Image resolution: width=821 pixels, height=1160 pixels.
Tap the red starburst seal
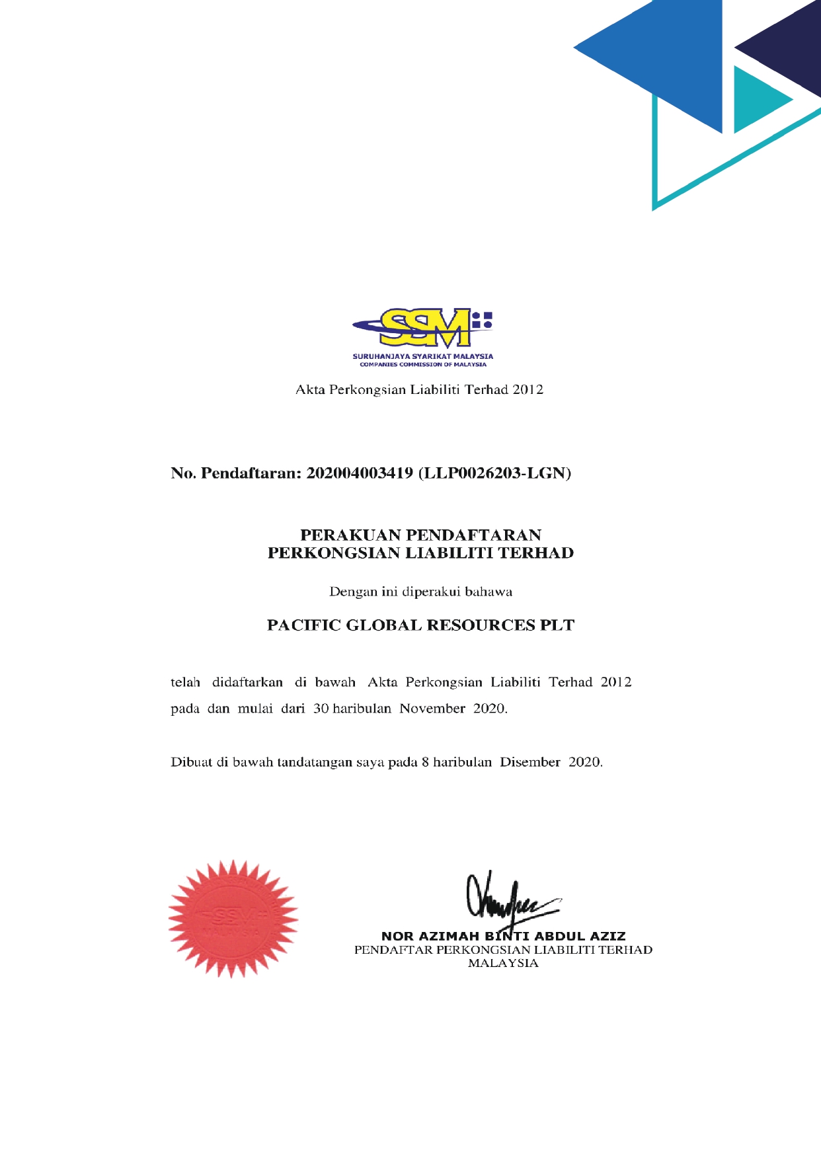pos(233,919)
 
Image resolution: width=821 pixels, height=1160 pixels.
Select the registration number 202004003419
pos(360,473)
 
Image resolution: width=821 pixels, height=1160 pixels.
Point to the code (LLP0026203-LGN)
pos(495,473)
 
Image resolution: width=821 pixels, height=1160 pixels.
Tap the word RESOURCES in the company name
pos(481,625)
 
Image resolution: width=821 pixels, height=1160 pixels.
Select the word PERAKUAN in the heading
pos(350,535)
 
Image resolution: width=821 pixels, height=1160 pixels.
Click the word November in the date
pos(432,709)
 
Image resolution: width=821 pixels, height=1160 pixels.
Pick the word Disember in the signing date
pos(529,762)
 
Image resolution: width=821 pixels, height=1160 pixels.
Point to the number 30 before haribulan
pos(321,709)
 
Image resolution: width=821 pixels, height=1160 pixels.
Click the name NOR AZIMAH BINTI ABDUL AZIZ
pos(503,936)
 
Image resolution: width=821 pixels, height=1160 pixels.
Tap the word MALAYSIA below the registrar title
pos(503,964)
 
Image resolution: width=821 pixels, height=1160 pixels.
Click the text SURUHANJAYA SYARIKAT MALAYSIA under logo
pos(423,356)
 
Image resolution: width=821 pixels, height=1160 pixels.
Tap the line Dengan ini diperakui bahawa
pos(420,592)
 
